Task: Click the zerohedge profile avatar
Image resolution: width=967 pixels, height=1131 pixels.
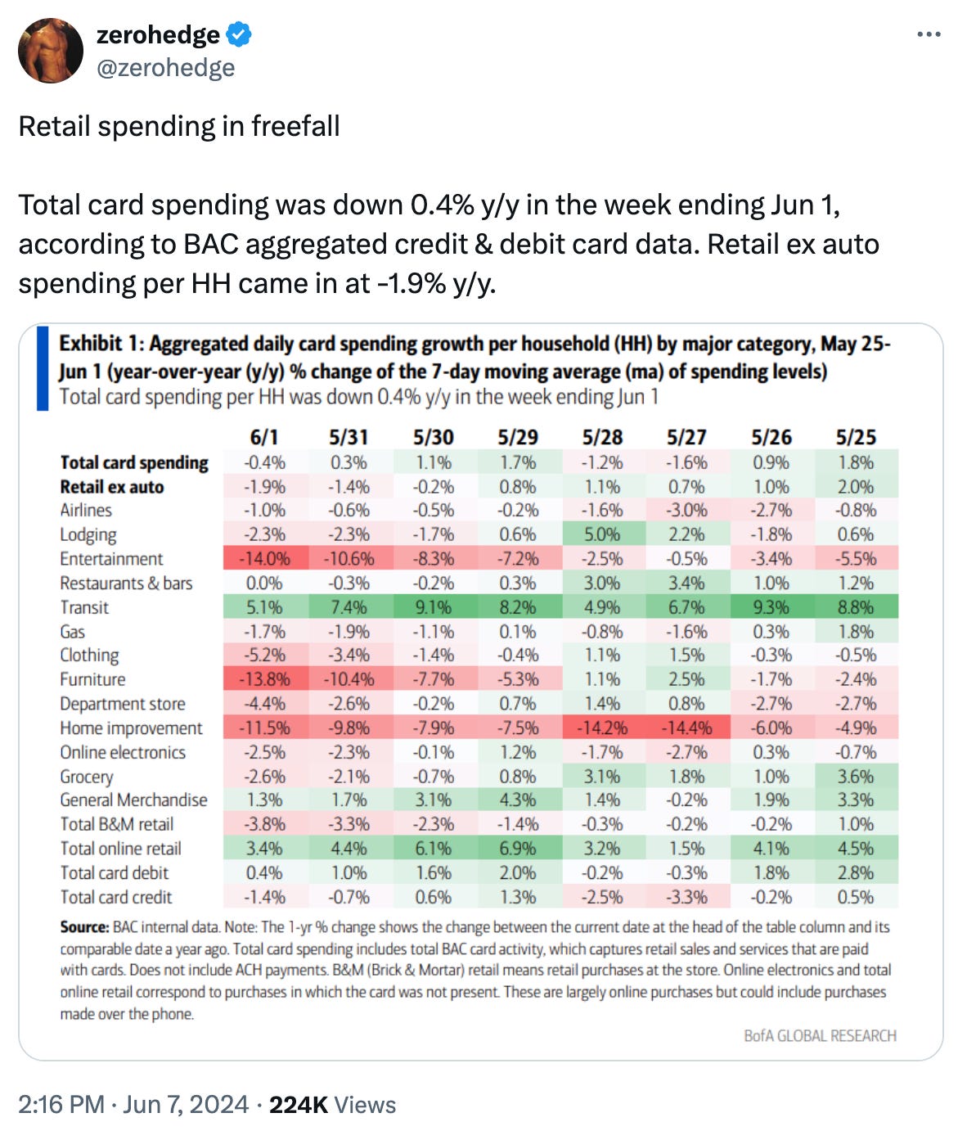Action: [x=51, y=51]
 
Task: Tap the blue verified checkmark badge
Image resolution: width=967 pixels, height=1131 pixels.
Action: [x=239, y=35]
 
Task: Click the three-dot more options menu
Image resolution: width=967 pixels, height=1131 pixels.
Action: [x=929, y=35]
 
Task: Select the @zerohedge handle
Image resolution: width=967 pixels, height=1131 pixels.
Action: [x=165, y=68]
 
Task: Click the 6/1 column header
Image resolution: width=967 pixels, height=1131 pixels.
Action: [x=264, y=438]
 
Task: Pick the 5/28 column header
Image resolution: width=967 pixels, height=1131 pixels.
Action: [x=602, y=438]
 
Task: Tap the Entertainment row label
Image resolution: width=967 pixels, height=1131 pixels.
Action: [x=111, y=559]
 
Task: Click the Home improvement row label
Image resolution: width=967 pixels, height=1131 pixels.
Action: [x=131, y=728]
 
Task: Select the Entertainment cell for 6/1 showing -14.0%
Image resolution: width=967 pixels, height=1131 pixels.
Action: [x=264, y=559]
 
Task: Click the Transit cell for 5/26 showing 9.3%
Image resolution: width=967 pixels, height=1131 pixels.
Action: [x=771, y=607]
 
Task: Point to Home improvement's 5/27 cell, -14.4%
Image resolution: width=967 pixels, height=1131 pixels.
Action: [x=686, y=728]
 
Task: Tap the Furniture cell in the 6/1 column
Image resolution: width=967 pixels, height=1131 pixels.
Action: [x=264, y=679]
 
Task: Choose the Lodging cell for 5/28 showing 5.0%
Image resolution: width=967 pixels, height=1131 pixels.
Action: [x=602, y=534]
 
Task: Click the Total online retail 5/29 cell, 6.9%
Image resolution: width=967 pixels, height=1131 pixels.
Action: [x=518, y=849]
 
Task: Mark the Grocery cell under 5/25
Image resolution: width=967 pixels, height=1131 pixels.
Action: [x=855, y=777]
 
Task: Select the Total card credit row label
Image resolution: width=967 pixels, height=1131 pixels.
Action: [x=116, y=897]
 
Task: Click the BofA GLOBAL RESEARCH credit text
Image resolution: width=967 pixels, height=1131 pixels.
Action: [x=820, y=1036]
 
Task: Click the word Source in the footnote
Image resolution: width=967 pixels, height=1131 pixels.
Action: [x=83, y=927]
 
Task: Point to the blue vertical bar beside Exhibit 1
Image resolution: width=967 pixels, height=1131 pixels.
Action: [x=43, y=368]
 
